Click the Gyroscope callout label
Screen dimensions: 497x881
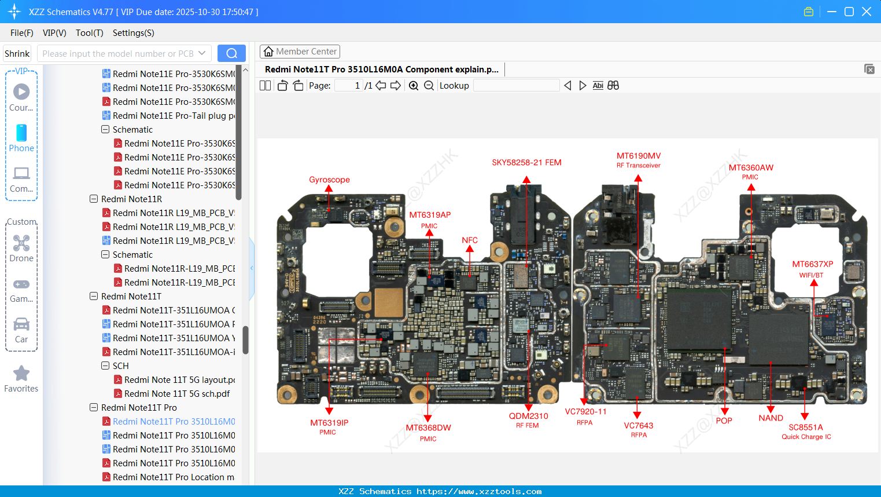329,180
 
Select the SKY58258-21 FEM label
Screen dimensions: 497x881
526,162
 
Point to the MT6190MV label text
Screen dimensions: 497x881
639,156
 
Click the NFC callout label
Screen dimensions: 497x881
470,240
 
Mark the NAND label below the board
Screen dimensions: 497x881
771,418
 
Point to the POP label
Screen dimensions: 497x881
724,421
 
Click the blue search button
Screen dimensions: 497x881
231,53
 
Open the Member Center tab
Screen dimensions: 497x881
300,52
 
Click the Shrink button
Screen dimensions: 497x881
17,53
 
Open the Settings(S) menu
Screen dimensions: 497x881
133,33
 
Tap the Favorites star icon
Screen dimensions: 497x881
21,374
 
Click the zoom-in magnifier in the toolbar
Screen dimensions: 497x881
414,86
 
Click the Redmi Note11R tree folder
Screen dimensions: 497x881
131,199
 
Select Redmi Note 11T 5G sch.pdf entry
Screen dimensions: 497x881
176,394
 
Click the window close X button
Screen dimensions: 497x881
867,12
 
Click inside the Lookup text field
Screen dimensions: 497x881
516,86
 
